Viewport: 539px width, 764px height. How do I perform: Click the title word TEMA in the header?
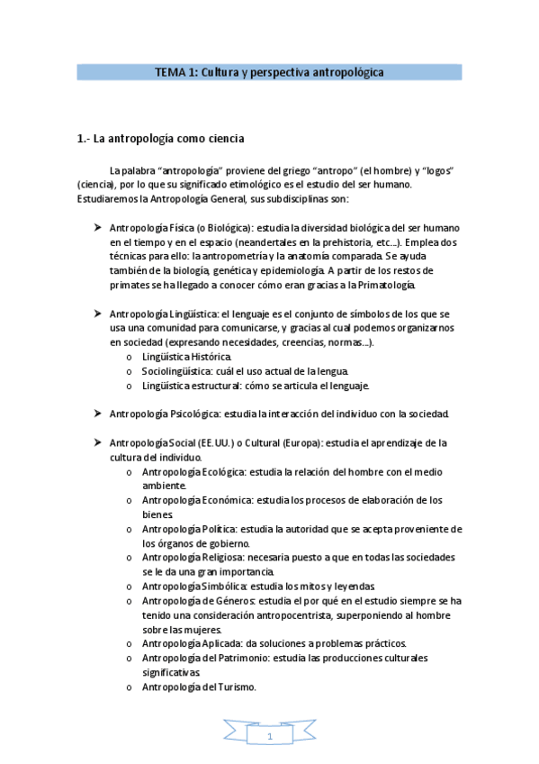coord(169,71)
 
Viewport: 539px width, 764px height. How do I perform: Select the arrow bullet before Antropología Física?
coord(96,227)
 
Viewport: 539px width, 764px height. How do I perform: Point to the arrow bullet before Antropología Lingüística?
coord(96,313)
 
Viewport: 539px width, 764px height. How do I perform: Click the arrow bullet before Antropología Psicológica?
coord(96,413)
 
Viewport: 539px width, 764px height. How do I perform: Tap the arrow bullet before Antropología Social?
coord(96,442)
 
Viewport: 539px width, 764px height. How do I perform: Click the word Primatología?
coord(387,285)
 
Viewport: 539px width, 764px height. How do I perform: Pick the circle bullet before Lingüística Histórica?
coord(130,358)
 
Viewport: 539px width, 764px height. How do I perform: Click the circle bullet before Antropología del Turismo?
coord(130,687)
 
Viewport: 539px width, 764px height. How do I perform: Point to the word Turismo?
coord(236,687)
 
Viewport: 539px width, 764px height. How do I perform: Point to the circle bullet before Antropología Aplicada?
coord(130,643)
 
